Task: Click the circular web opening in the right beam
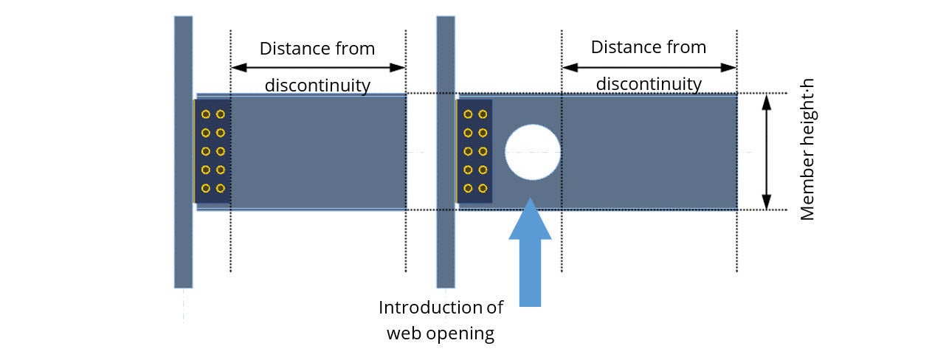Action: coord(532,152)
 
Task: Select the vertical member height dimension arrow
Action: coord(766,152)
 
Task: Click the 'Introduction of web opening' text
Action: coord(441,320)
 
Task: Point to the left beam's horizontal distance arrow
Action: coord(318,67)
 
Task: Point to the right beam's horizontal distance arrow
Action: coord(649,67)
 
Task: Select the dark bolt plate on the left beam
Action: coord(213,151)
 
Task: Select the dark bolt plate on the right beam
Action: coord(474,151)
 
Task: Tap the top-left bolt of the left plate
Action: coord(206,114)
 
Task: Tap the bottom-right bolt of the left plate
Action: coord(220,188)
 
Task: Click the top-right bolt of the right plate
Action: coord(483,114)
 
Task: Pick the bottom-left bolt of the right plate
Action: coord(468,188)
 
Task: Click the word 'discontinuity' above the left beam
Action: coord(317,86)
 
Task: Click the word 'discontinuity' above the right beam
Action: coord(649,84)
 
